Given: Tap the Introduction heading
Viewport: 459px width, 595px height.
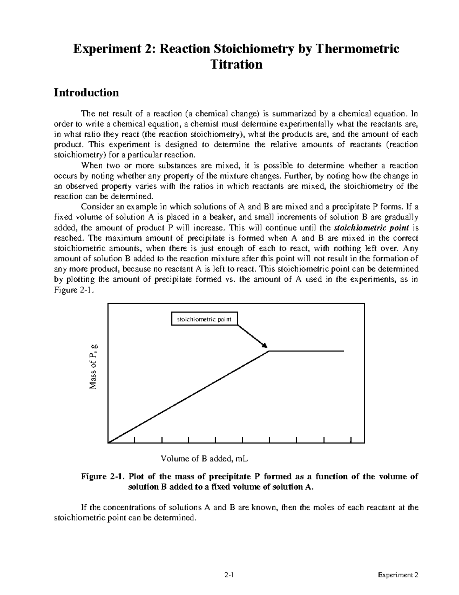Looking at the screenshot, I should click(x=86, y=93).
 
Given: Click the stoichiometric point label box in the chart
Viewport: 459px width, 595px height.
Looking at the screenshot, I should click(x=204, y=319).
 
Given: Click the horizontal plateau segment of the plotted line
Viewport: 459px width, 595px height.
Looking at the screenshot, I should click(x=306, y=351).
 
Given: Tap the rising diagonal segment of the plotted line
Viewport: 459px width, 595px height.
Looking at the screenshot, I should click(x=189, y=397).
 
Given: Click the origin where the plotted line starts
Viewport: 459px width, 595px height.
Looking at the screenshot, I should click(x=109, y=443).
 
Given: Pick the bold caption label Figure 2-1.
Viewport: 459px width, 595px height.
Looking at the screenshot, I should click(x=103, y=477).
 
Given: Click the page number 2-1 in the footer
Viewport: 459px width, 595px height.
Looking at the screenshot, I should click(x=229, y=575).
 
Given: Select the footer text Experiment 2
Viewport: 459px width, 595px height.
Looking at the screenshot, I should click(x=398, y=575).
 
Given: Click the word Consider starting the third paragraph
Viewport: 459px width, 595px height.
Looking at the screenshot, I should click(x=96, y=207).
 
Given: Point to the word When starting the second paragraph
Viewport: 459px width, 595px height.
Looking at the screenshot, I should click(x=90, y=166).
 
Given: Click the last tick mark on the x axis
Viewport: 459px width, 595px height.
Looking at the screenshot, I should click(x=351, y=439).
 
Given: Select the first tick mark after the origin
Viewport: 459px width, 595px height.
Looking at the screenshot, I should click(x=135, y=439).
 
